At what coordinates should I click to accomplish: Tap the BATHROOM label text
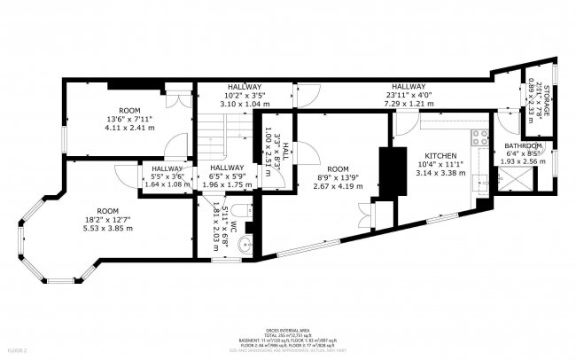[523, 145]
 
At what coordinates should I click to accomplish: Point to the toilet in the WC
[243, 212]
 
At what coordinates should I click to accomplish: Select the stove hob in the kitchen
[479, 137]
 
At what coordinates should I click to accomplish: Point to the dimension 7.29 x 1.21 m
[405, 104]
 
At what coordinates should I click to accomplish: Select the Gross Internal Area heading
[288, 327]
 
